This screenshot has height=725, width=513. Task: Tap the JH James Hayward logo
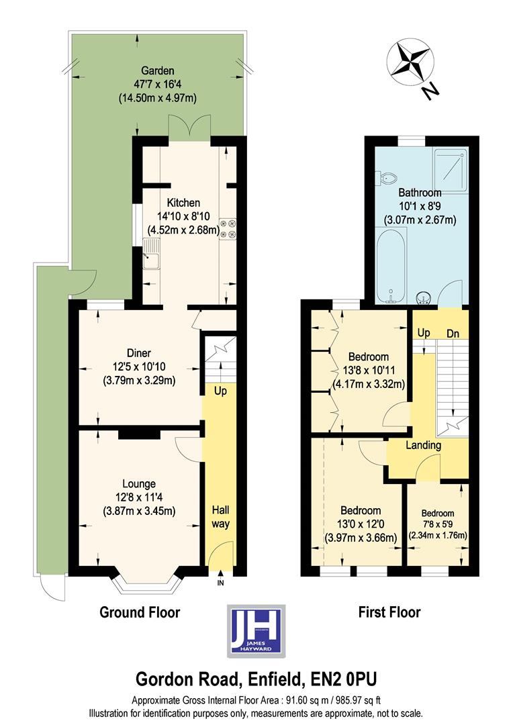257,630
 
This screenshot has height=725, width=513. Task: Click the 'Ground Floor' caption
140,612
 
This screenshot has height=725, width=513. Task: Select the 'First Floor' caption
390,612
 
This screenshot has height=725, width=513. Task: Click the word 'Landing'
423,445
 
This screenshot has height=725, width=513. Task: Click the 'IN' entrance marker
220,583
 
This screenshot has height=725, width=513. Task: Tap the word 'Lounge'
139,483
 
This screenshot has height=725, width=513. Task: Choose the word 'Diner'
139,353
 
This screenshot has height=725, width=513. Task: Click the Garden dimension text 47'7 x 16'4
158,84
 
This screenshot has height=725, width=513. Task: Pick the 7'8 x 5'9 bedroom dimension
438,524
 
